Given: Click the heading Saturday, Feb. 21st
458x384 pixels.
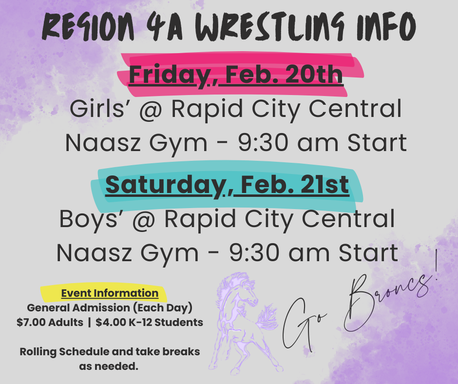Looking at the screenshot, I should click(x=227, y=185).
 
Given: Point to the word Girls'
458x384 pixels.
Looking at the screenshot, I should click(x=97, y=109).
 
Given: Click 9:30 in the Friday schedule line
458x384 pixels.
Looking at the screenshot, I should click(x=266, y=143).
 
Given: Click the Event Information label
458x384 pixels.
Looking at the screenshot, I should click(x=110, y=293).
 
